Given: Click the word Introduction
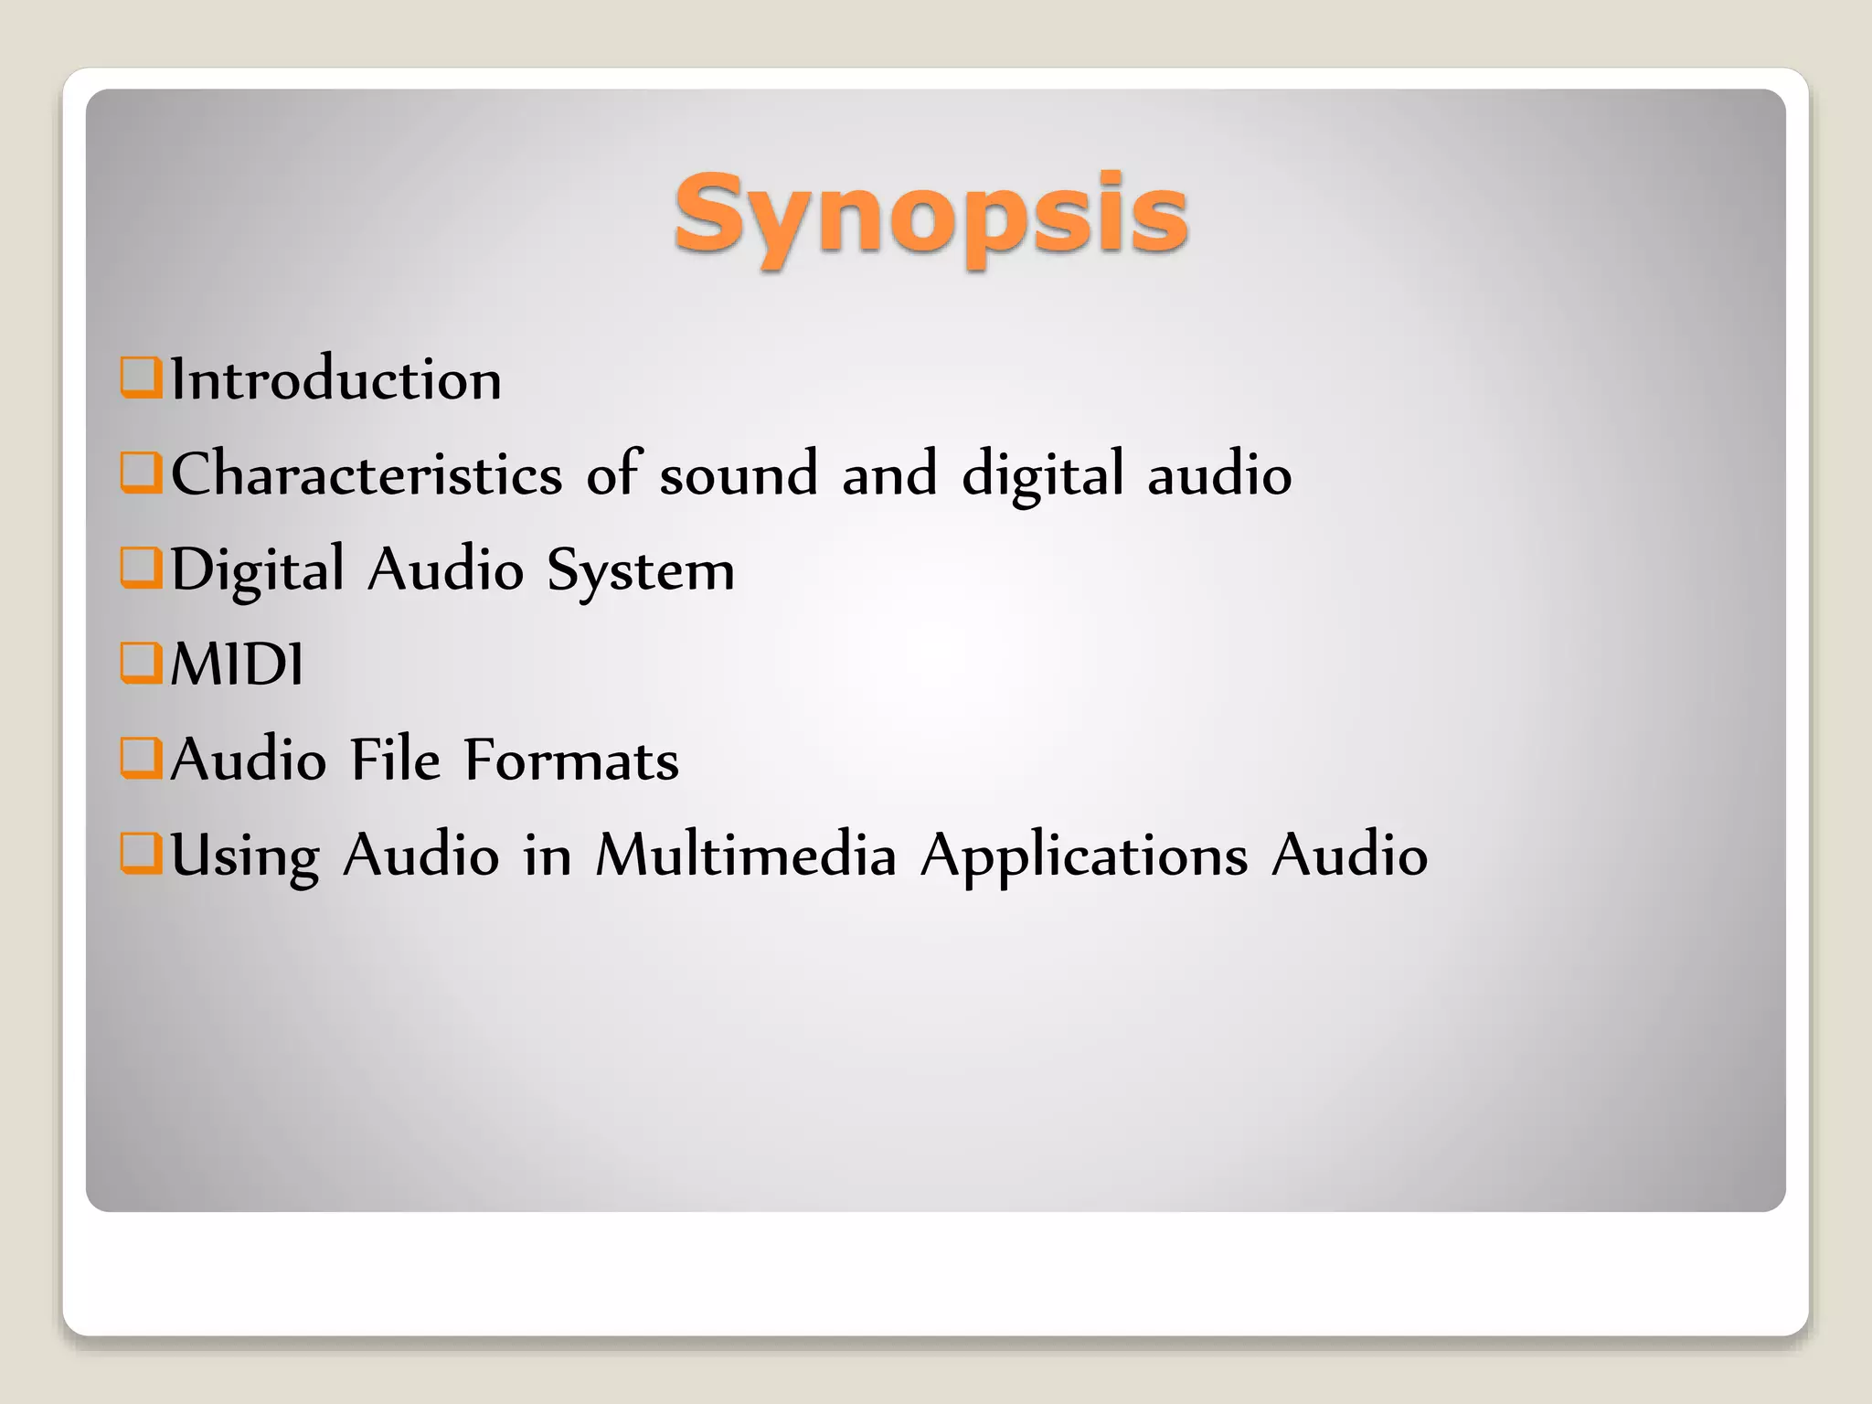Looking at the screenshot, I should pos(335,379).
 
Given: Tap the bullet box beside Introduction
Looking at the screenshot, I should pos(141,378).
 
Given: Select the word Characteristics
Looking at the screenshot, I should pos(367,473).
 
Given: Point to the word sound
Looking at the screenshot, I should pos(739,473).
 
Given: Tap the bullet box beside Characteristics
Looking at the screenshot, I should pos(141,473).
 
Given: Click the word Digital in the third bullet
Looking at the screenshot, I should pos(258,570).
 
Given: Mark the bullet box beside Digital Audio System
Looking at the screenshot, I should pos(141,568).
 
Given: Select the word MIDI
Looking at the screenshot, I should pos(237,665).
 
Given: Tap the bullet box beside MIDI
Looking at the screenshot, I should pos(141,663).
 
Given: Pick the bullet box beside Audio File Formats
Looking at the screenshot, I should pos(141,758).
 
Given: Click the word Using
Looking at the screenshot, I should pos(245,856).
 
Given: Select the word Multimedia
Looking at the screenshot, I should pos(745,855).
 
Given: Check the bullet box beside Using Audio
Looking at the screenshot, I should pos(141,853).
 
